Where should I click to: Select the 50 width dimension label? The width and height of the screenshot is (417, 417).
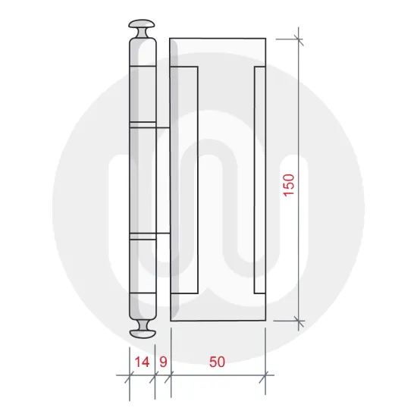coord(217,362)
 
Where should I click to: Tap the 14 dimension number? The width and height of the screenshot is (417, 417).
coord(140,362)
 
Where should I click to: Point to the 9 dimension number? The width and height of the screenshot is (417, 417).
coord(162,362)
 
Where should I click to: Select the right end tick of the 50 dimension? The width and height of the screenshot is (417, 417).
coord(265,375)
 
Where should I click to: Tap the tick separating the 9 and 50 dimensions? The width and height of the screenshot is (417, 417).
coord(171,375)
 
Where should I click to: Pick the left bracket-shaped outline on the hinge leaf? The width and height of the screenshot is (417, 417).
coord(187,180)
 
